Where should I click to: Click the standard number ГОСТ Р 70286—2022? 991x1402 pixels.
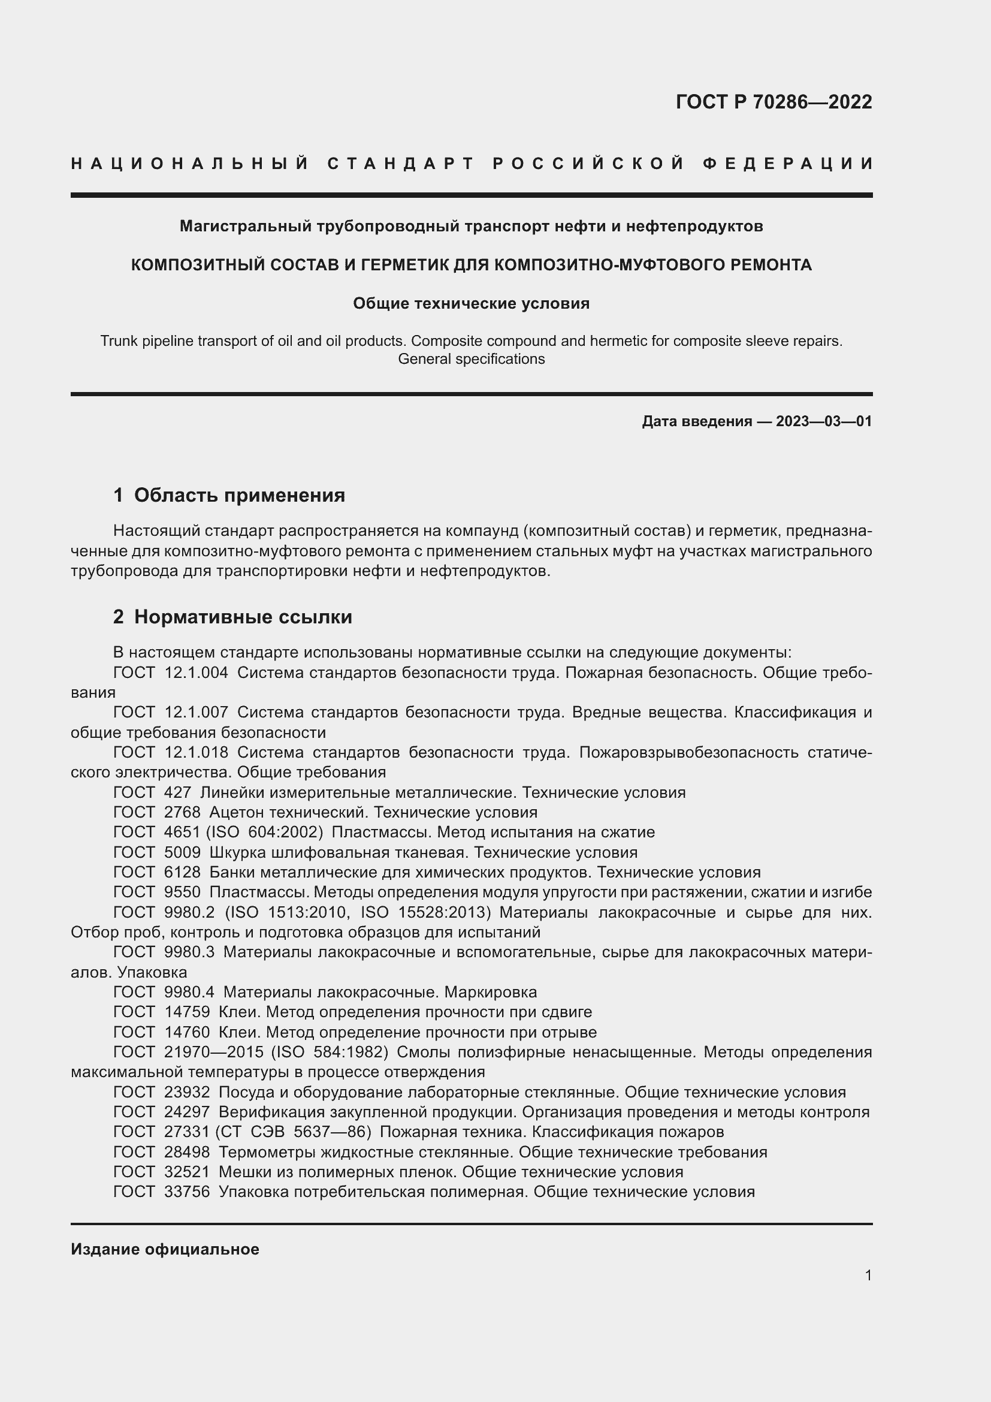tap(773, 102)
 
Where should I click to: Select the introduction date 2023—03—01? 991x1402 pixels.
tap(823, 421)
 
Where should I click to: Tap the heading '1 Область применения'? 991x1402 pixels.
tap(229, 495)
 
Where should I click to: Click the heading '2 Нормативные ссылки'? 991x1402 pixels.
tap(232, 617)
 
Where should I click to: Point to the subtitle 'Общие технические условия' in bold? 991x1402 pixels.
tap(471, 303)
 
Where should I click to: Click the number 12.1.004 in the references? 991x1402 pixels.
tap(197, 673)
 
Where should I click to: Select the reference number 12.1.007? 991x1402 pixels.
tap(197, 713)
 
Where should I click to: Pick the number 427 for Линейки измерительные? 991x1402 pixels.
tap(177, 792)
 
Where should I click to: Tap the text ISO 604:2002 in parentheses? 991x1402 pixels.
tap(268, 833)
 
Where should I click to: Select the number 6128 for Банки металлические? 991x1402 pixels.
tap(182, 872)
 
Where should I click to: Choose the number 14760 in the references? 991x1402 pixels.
tap(187, 1033)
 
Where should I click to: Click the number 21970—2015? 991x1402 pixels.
tap(213, 1053)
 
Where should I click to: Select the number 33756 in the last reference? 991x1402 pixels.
tap(187, 1192)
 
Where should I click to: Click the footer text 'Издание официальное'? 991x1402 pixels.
tap(165, 1249)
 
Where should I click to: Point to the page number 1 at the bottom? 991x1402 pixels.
tap(868, 1275)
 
